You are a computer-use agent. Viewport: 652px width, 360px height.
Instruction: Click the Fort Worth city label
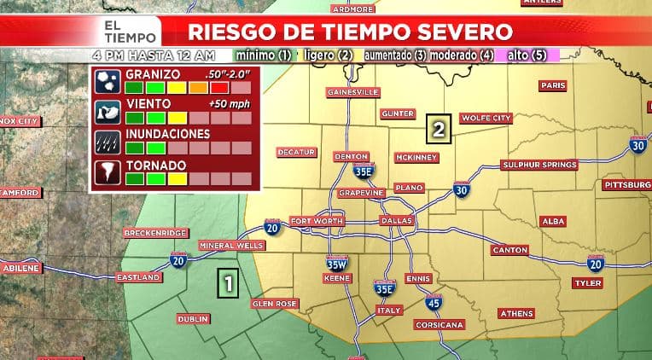point(316,221)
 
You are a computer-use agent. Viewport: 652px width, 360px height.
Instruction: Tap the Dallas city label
point(397,221)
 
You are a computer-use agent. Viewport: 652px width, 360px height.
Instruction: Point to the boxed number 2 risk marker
point(439,130)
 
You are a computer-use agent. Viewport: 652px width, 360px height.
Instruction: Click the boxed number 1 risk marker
point(227,282)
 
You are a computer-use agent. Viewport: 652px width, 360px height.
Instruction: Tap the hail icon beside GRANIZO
point(108,81)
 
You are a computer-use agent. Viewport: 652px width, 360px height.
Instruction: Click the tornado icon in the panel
point(108,171)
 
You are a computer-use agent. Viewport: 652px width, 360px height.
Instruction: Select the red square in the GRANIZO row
point(220,87)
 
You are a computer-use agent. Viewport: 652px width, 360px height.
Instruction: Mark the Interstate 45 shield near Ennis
point(433,303)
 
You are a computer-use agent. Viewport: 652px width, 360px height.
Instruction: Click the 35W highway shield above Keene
point(336,264)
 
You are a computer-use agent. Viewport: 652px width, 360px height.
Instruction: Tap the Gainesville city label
point(352,92)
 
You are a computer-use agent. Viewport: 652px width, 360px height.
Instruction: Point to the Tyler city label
point(588,282)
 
